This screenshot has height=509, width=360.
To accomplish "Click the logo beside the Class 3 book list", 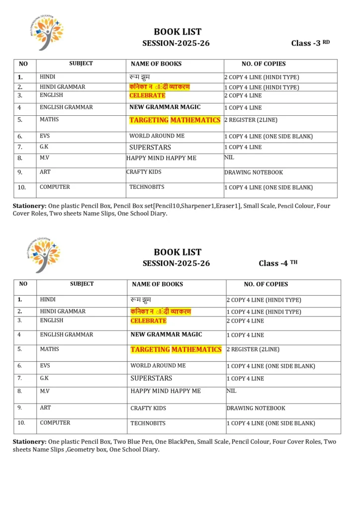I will [x=45, y=33].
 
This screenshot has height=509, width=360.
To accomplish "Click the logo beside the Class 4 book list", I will [x=45, y=254].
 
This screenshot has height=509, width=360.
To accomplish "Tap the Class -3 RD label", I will [x=310, y=43].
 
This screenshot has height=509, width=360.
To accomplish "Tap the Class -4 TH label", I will [x=278, y=263].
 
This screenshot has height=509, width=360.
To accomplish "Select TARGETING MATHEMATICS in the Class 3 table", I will [x=175, y=120].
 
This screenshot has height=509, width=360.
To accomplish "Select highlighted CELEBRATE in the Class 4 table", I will [x=148, y=321].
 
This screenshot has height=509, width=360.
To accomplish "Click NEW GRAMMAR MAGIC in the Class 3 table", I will [x=165, y=107].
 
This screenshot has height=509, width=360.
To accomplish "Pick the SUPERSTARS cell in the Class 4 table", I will [x=151, y=378].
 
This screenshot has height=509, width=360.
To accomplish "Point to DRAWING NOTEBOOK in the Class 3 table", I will [x=254, y=172].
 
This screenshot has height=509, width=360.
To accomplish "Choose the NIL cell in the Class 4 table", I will [x=232, y=391].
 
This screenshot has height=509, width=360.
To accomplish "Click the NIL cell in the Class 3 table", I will [x=229, y=158].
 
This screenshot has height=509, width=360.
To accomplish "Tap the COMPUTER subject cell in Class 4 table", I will [x=55, y=423].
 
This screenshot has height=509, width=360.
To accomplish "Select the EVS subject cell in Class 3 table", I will [x=45, y=136].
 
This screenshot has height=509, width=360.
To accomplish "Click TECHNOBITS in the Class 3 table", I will [x=147, y=187].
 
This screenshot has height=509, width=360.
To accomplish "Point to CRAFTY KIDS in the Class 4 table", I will [x=148, y=408].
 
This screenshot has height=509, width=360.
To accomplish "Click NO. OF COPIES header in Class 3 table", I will [x=264, y=64].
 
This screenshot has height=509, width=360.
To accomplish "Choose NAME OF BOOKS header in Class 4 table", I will [x=157, y=284].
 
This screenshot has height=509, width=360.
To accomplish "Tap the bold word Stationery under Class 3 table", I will [x=29, y=206].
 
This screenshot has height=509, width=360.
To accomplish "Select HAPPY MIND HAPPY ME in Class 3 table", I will [x=161, y=158].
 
